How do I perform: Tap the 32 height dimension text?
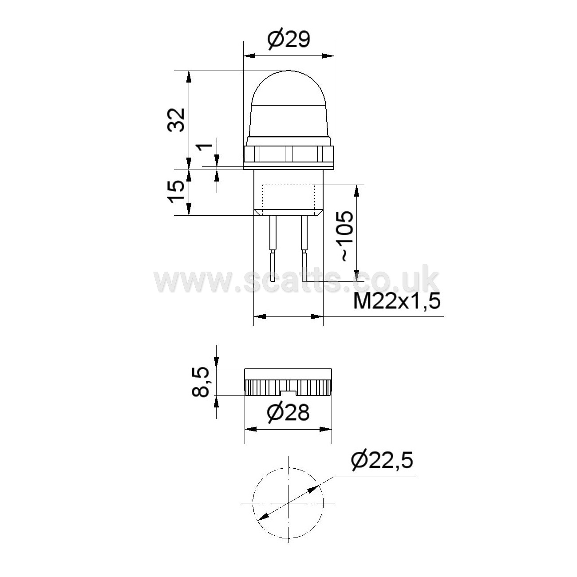[175, 120]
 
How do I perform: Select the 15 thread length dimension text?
[176, 192]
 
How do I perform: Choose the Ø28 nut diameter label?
[288, 413]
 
